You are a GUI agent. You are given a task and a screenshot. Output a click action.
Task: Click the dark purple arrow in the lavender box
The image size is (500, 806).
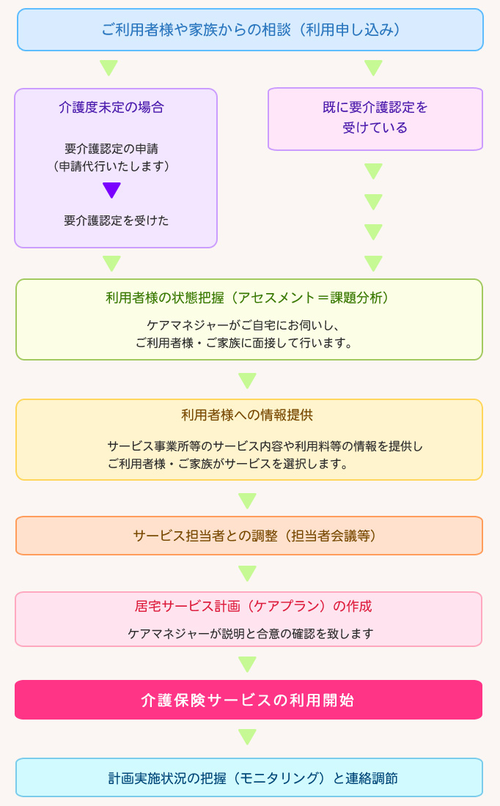[x=111, y=190]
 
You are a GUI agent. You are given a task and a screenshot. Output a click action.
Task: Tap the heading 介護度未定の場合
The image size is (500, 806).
[x=111, y=108]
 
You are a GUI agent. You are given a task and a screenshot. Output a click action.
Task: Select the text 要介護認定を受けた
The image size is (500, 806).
[x=117, y=221]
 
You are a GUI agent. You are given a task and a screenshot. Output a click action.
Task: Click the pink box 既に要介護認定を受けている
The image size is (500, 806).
[x=375, y=119]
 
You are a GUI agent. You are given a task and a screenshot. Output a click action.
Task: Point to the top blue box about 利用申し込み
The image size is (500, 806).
[x=250, y=30]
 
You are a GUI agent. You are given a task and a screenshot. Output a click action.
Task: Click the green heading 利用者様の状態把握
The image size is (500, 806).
[x=247, y=298]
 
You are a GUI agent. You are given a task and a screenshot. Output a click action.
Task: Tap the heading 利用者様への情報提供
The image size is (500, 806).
[x=247, y=415]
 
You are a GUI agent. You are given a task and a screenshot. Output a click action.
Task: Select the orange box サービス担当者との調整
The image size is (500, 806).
[x=249, y=536]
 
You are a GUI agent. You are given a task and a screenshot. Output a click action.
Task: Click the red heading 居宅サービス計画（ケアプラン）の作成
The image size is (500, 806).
[x=253, y=607]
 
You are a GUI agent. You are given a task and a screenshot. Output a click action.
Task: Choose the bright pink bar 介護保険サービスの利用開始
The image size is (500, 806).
[x=249, y=700]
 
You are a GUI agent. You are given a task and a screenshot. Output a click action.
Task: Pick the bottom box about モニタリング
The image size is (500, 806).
[x=249, y=777]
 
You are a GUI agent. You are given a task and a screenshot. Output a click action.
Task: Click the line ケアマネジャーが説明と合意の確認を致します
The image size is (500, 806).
[x=251, y=634]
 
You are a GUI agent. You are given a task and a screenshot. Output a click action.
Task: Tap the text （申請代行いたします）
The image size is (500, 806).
[x=111, y=166]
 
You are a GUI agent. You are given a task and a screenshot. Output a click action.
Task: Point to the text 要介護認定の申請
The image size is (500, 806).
[x=111, y=149]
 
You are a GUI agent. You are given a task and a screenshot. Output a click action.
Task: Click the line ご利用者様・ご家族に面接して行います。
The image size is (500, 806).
[x=244, y=343]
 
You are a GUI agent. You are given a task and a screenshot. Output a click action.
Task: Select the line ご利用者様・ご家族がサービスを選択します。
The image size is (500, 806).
[x=228, y=464]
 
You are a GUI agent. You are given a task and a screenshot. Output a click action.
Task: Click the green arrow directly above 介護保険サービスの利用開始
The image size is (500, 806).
[x=247, y=664]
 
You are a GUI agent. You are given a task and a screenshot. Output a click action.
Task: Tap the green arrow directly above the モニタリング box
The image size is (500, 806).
[x=247, y=736]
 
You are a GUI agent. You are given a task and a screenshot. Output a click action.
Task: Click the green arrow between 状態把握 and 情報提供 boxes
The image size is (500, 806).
[x=247, y=380]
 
